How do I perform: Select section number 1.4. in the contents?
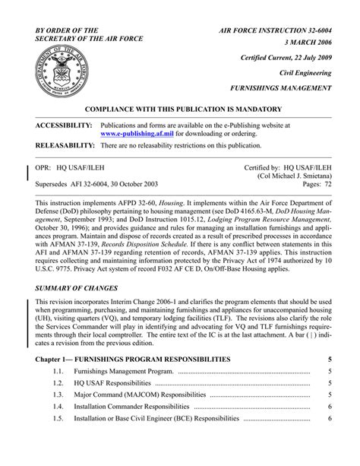[58, 407]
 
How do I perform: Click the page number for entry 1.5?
[329, 418]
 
